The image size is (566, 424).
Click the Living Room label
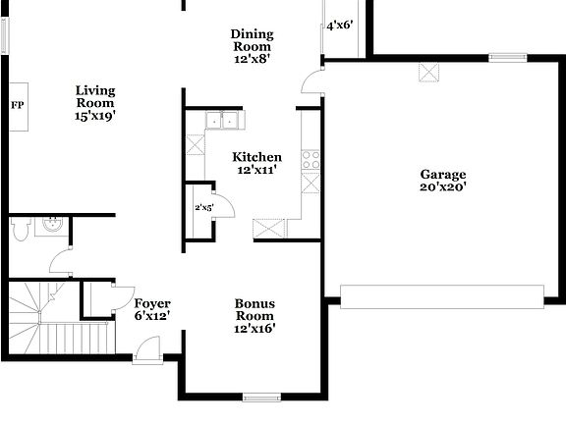(x=95, y=102)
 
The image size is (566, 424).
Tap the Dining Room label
(x=252, y=46)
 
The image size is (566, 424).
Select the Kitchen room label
(x=256, y=163)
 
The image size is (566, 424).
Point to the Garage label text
(x=444, y=181)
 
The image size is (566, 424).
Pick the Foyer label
(x=152, y=309)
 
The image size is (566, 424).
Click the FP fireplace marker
(x=17, y=105)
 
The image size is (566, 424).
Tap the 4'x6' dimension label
(x=340, y=26)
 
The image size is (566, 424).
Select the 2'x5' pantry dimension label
(x=203, y=208)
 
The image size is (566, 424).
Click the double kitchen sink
(x=225, y=121)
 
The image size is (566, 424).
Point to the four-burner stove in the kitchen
(x=311, y=159)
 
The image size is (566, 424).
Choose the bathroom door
(x=62, y=261)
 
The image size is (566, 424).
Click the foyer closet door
(x=124, y=298)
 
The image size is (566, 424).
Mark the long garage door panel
(x=441, y=295)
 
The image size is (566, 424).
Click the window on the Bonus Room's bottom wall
(x=262, y=397)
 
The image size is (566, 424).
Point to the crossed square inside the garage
(x=429, y=72)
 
